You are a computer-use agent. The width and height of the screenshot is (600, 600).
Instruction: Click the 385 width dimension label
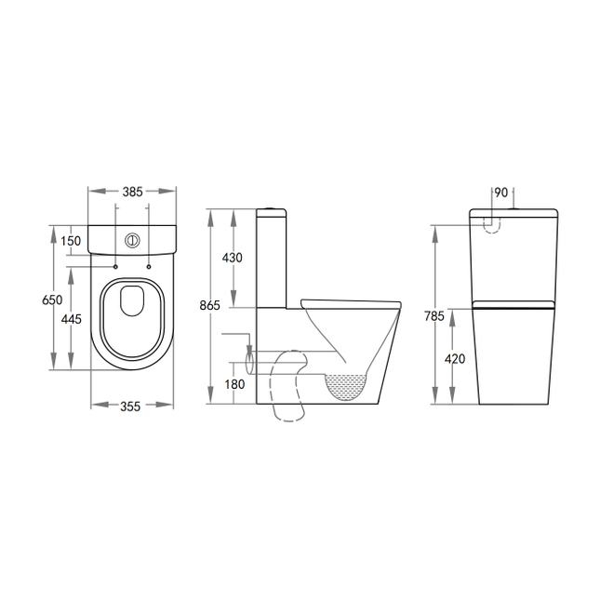coord(132,192)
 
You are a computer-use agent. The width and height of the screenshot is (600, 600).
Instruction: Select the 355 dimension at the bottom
coord(130,407)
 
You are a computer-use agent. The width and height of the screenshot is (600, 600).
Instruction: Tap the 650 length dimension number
coord(52,300)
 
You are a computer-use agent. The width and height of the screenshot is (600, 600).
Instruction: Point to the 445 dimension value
coord(72,319)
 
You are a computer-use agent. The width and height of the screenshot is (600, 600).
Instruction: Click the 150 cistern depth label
coord(72,241)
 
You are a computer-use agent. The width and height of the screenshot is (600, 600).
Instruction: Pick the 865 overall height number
coord(209,305)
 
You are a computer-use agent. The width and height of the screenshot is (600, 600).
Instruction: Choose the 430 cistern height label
coord(233,258)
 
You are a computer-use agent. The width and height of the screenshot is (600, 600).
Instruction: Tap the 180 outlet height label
coord(234,384)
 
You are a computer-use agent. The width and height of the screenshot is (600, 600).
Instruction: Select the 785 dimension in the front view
coord(434,316)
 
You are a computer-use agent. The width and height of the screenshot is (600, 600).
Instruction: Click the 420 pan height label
coord(455,359)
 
